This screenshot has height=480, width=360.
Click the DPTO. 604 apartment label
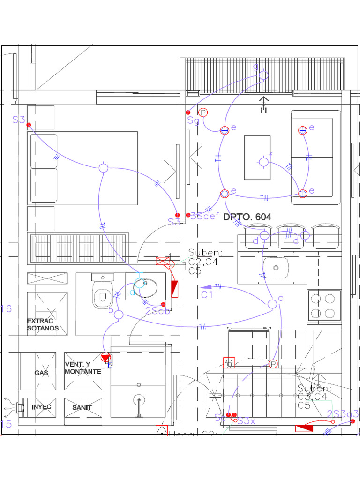point(247,217)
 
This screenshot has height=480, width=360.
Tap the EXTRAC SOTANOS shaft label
point(43,324)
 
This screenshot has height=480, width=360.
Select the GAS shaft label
point(41,373)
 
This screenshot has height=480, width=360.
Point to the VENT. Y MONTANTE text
point(82,368)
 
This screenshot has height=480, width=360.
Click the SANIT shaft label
point(82,407)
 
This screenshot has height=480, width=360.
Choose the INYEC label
point(41,407)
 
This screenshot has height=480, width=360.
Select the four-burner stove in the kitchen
point(324,305)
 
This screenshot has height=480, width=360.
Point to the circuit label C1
point(207,295)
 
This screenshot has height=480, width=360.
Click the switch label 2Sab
point(157,311)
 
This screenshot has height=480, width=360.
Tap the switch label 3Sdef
point(205,216)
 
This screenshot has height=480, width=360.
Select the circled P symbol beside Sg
point(203,112)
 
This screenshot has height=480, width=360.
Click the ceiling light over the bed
point(104,168)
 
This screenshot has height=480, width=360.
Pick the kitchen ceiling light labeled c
point(272,304)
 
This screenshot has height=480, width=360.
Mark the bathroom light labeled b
point(119,315)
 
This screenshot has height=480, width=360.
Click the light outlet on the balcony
point(264,75)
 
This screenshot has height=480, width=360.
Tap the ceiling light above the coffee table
point(264,162)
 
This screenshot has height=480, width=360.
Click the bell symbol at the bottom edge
point(162,430)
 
